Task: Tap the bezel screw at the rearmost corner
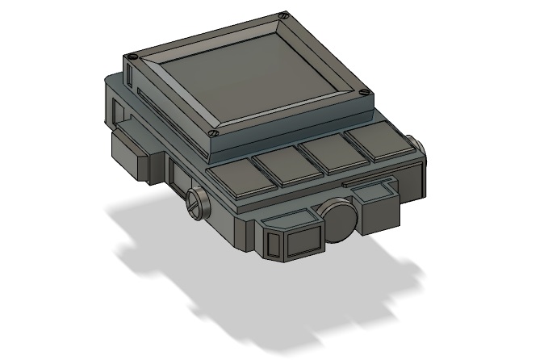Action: tap(281, 15)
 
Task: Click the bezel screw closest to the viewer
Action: tap(212, 132)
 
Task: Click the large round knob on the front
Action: tap(337, 220)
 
